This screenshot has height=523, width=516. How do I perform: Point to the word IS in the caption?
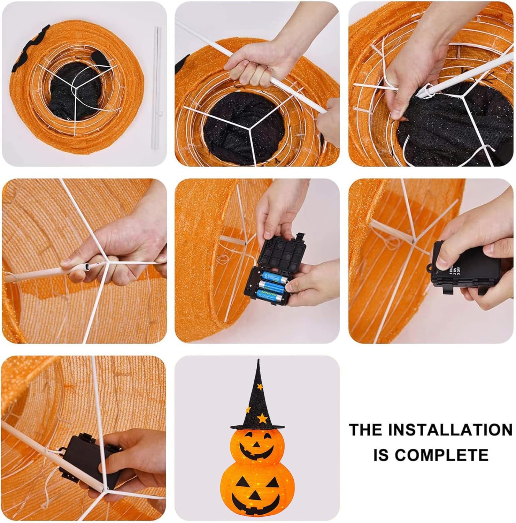coord(381,455)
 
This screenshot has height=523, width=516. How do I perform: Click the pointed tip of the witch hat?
coord(258,361)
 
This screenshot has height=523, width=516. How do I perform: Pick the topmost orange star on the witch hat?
coord(260,386)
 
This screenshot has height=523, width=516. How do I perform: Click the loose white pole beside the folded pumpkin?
coord(156,87)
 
